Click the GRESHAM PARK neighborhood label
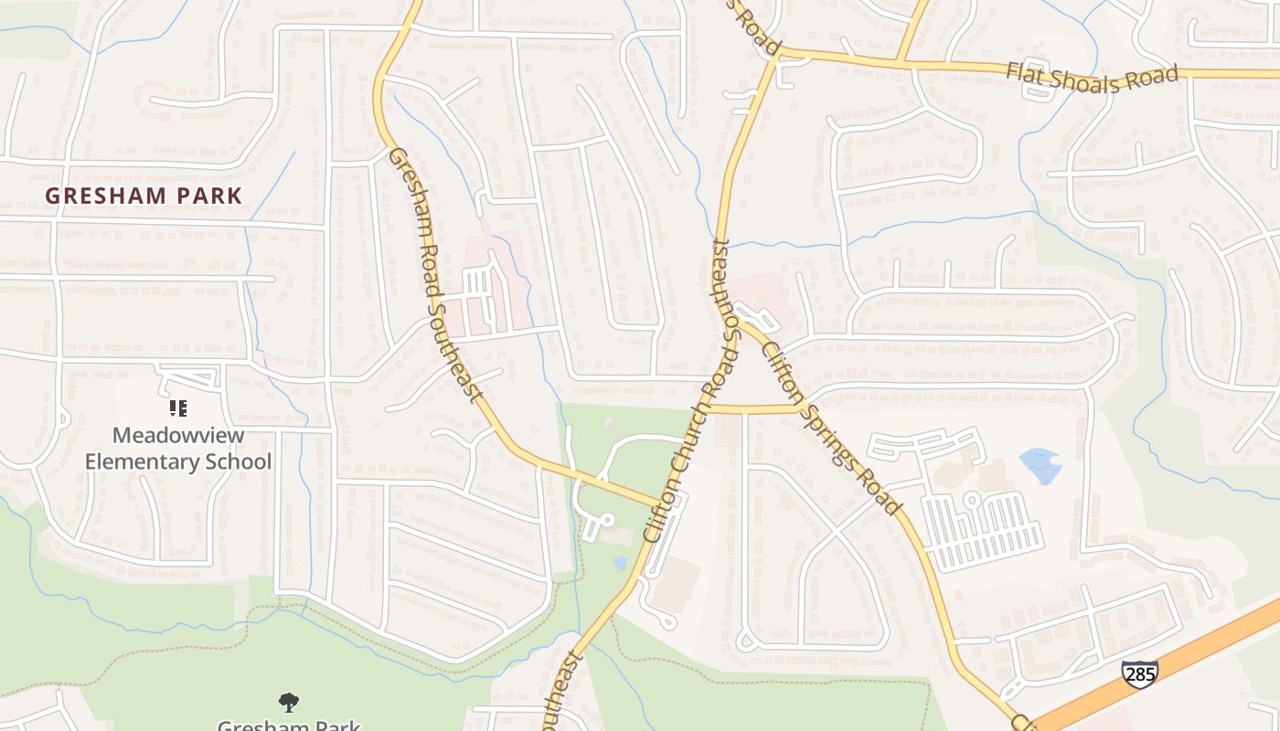[144, 196]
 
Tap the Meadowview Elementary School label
[178, 448]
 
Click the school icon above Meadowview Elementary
[178, 408]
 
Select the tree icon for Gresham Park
[289, 702]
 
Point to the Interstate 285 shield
[1139, 674]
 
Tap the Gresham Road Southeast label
[434, 274]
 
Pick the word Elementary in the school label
[144, 461]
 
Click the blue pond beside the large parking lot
[1040, 464]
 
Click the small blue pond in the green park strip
[622, 562]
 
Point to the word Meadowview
[178, 435]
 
